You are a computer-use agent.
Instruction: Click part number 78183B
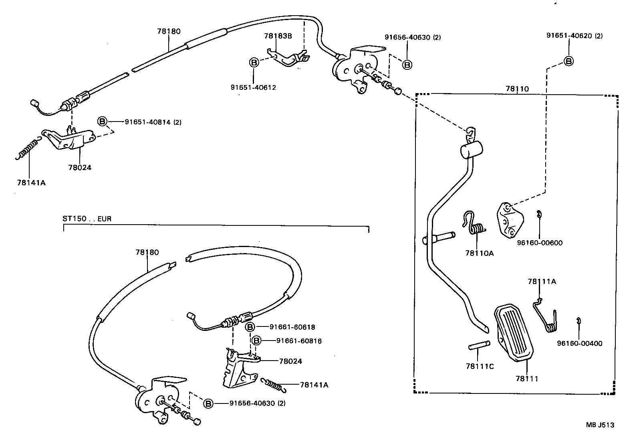pyautogui.click(x=278, y=36)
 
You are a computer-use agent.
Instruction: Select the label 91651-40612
pyautogui.click(x=253, y=87)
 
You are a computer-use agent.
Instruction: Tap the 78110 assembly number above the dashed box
pyautogui.click(x=517, y=89)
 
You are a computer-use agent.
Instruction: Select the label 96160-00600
pyautogui.click(x=540, y=243)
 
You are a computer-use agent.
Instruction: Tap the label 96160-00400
pyautogui.click(x=579, y=343)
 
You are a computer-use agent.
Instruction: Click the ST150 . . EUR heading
pyautogui.click(x=87, y=219)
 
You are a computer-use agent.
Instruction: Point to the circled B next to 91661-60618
pyautogui.click(x=250, y=327)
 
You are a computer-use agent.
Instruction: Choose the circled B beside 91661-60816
pyautogui.click(x=256, y=341)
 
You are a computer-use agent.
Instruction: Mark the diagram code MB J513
pyautogui.click(x=600, y=425)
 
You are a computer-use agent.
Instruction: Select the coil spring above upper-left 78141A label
pyautogui.click(x=27, y=149)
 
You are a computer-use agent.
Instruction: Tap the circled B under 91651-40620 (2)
pyautogui.click(x=568, y=61)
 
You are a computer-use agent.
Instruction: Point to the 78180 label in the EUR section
pyautogui.click(x=147, y=252)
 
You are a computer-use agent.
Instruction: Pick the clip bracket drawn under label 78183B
pyautogui.click(x=288, y=57)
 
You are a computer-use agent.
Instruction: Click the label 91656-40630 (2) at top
pyautogui.click(x=412, y=37)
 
